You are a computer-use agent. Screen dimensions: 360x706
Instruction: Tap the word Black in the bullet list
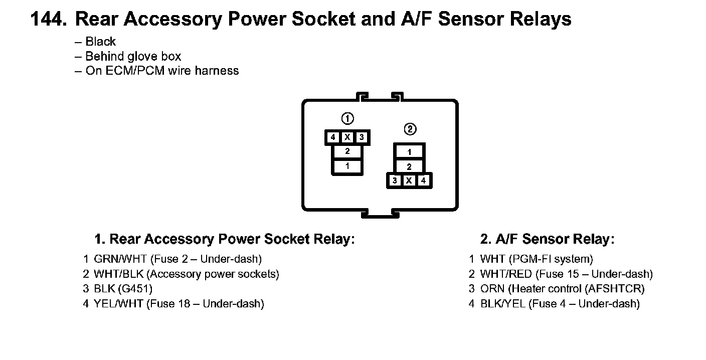pos(100,42)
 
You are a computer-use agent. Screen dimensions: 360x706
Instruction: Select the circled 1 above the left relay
pos(347,119)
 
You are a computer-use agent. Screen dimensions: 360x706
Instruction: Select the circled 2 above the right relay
pos(410,129)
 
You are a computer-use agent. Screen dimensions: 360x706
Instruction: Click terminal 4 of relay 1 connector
pos(332,137)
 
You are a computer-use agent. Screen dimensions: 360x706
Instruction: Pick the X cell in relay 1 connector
pos(347,137)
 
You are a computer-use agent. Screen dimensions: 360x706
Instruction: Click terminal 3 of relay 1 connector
pos(361,137)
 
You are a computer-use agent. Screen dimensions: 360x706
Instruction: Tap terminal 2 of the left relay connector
pos(347,151)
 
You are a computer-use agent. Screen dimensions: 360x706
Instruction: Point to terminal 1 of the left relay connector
pos(347,166)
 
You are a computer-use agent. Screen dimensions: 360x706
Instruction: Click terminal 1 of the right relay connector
pos(409,152)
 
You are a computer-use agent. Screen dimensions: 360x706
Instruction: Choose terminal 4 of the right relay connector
pos(423,181)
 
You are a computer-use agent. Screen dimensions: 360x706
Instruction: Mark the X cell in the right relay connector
pos(409,181)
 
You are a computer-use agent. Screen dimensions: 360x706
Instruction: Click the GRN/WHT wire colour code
pos(120,259)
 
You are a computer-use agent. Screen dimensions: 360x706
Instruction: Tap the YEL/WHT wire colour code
pos(118,303)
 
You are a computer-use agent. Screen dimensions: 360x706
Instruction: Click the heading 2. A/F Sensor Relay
pos(547,239)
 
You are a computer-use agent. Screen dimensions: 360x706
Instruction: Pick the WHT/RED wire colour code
pos(505,274)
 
